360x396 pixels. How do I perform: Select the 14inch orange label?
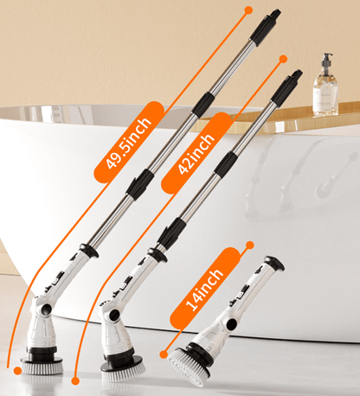pyautogui.click(x=205, y=282)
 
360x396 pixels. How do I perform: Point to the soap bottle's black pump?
pyautogui.click(x=326, y=61)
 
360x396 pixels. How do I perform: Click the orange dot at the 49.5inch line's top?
pyautogui.click(x=249, y=10)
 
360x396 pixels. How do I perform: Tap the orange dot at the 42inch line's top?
pyautogui.click(x=283, y=59)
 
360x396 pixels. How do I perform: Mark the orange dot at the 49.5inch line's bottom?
pyautogui.click(x=18, y=370)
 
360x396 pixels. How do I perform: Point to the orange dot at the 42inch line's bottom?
pyautogui.click(x=75, y=380)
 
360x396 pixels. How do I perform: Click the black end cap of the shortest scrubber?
pyautogui.click(x=273, y=263)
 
